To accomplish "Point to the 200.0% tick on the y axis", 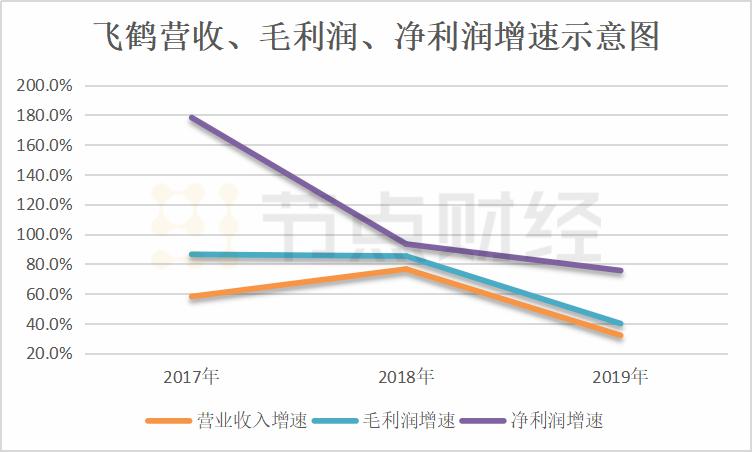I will [45, 86].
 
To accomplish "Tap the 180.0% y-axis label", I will [45, 116].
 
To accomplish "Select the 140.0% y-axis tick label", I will [45, 175].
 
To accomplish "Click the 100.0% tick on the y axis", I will [45, 235].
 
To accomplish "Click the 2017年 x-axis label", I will [191, 378].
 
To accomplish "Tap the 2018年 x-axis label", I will [406, 378].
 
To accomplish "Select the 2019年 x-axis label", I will [620, 378].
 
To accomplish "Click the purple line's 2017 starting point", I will [191, 118].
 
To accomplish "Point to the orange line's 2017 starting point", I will [191, 297].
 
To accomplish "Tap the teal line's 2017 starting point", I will [191, 255].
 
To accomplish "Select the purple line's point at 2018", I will [406, 244].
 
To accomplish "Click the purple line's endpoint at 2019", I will [620, 271].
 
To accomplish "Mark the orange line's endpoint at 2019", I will [620, 335].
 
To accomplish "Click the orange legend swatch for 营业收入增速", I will [168, 421].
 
